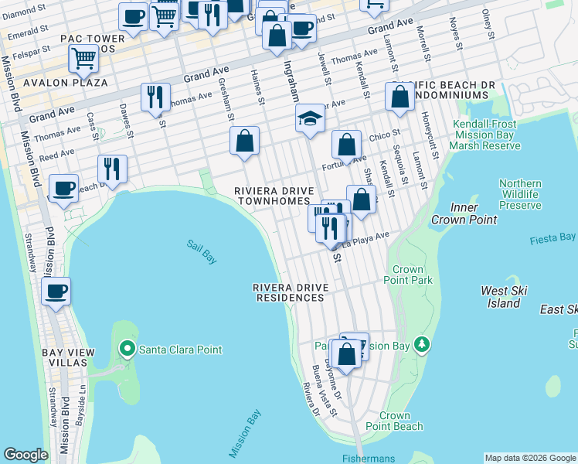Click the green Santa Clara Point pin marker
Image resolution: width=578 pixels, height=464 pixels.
click(x=128, y=350)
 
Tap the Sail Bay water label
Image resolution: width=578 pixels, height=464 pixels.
click(x=201, y=251)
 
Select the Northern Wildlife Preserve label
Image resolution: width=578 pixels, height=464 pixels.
click(x=520, y=195)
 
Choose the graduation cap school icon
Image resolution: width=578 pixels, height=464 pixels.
click(x=310, y=118)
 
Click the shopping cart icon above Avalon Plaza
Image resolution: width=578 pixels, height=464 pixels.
click(x=83, y=57)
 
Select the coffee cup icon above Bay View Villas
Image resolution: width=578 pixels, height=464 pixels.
click(x=56, y=292)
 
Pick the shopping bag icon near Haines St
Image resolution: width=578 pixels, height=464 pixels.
click(x=244, y=141)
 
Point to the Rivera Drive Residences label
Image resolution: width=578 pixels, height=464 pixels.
click(x=291, y=292)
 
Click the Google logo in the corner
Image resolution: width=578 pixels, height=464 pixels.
click(x=25, y=455)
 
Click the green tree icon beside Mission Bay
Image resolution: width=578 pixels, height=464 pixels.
click(x=422, y=343)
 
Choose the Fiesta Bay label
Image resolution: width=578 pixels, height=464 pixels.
click(x=553, y=238)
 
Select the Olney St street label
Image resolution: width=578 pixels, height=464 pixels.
click(x=487, y=22)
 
